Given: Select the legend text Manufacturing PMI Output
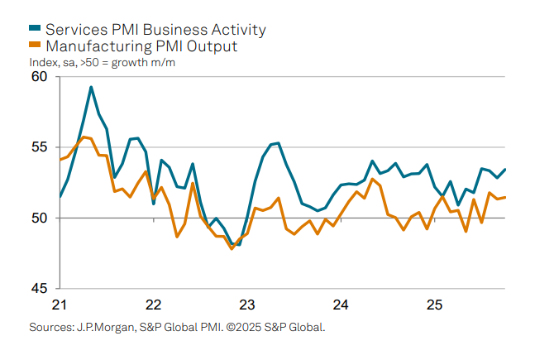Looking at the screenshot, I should [x=141, y=47].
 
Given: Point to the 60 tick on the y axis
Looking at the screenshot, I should [x=39, y=77].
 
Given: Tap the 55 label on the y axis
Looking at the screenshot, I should [x=39, y=147].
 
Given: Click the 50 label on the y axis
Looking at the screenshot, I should [x=39, y=218].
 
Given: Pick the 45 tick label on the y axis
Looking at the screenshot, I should [x=39, y=289].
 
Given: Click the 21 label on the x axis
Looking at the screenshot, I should [x=59, y=304].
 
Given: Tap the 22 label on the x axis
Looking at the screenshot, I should [x=152, y=304].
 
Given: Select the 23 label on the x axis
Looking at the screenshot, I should [x=246, y=304].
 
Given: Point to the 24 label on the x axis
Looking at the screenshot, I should [x=340, y=304].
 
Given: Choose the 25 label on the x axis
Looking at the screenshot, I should [x=434, y=304].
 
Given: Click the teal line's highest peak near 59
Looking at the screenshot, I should [x=91, y=87].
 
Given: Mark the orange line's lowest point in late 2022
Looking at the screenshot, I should [x=232, y=248].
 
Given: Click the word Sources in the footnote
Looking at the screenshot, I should [x=50, y=327].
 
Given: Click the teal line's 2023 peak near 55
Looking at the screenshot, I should [x=278, y=143].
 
